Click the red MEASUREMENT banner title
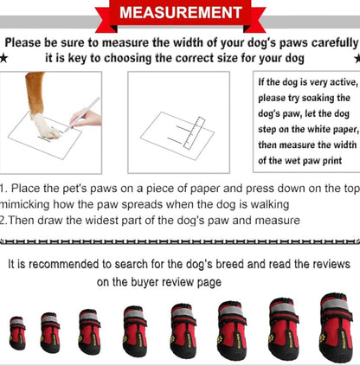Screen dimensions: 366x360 (180, 13)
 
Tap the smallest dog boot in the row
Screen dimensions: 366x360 (17, 332)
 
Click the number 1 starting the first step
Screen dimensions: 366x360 (3, 188)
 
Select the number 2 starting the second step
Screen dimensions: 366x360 (3, 220)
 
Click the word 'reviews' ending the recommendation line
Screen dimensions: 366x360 (328, 263)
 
